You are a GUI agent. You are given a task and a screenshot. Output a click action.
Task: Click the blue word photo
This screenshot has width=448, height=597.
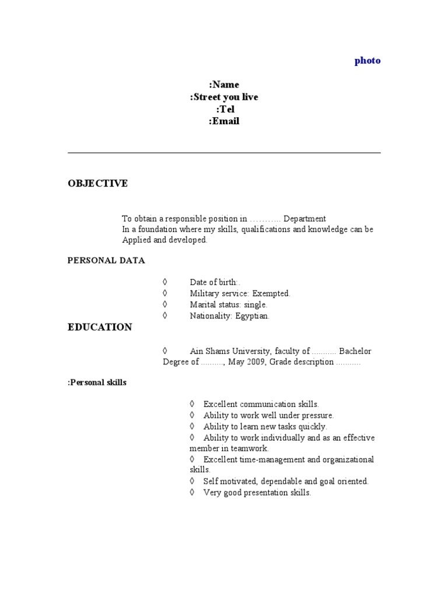coord(367,61)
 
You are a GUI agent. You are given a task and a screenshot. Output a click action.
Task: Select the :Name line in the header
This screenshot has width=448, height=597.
coord(224,85)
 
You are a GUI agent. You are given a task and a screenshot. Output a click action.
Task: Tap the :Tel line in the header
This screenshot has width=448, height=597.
coord(224,109)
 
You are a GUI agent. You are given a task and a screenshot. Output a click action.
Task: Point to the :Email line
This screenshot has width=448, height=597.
coord(224,121)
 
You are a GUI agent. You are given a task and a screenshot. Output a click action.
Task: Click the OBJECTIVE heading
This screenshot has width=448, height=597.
coord(97,184)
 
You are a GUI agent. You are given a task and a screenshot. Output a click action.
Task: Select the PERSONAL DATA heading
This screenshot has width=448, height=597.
coord(106,261)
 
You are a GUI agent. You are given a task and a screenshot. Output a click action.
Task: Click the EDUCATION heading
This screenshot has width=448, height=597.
coord(100,327)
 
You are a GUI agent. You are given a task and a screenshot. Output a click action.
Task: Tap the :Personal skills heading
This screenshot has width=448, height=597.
coord(97,383)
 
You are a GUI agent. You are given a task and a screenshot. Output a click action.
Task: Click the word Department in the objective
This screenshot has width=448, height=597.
coord(304,219)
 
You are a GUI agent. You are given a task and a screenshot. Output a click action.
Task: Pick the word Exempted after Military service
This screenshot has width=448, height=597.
coord(271,293)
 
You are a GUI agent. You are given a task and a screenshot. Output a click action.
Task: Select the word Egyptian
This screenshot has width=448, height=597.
coord(252,316)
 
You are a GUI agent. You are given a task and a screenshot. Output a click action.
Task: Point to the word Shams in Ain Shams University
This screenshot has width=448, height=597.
coord(220,351)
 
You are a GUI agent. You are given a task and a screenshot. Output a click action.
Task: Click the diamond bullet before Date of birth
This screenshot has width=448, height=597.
coord(165,282)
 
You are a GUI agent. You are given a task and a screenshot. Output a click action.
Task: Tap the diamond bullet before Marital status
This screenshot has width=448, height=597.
coord(165,304)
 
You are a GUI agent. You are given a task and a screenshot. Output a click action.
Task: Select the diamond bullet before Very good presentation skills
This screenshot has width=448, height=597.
coord(192,493)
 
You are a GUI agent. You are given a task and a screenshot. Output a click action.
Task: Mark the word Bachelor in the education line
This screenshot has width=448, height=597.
coord(355,351)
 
